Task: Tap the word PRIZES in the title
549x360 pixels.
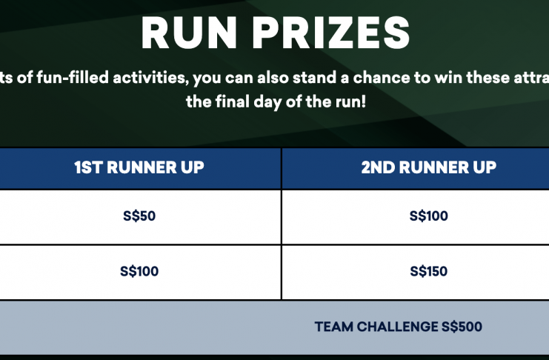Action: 331,33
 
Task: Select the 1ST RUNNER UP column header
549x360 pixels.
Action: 139,167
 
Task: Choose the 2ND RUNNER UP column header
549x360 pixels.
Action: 428,167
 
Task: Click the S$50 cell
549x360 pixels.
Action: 139,216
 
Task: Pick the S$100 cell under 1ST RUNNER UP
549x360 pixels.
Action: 139,271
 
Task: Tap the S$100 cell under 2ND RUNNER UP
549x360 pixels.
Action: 428,216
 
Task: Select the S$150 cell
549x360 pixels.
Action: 428,271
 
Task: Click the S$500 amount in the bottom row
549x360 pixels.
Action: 462,327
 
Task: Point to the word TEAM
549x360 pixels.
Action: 334,327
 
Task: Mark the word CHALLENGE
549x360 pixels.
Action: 397,327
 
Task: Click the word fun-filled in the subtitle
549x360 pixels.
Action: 73,77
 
